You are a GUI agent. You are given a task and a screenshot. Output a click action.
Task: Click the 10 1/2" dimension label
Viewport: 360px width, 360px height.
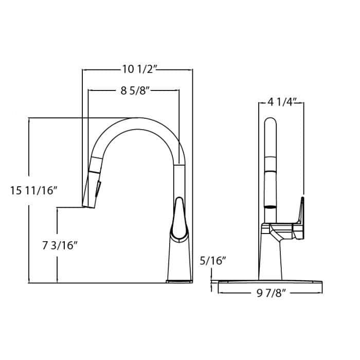[x=137, y=69]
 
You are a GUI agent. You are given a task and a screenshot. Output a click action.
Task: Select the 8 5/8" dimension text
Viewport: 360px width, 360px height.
[x=134, y=91]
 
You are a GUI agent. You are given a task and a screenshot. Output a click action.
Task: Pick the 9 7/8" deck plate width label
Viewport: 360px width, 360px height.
[x=271, y=294]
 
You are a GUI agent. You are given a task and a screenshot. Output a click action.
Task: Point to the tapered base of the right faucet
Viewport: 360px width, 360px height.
[x=271, y=260]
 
